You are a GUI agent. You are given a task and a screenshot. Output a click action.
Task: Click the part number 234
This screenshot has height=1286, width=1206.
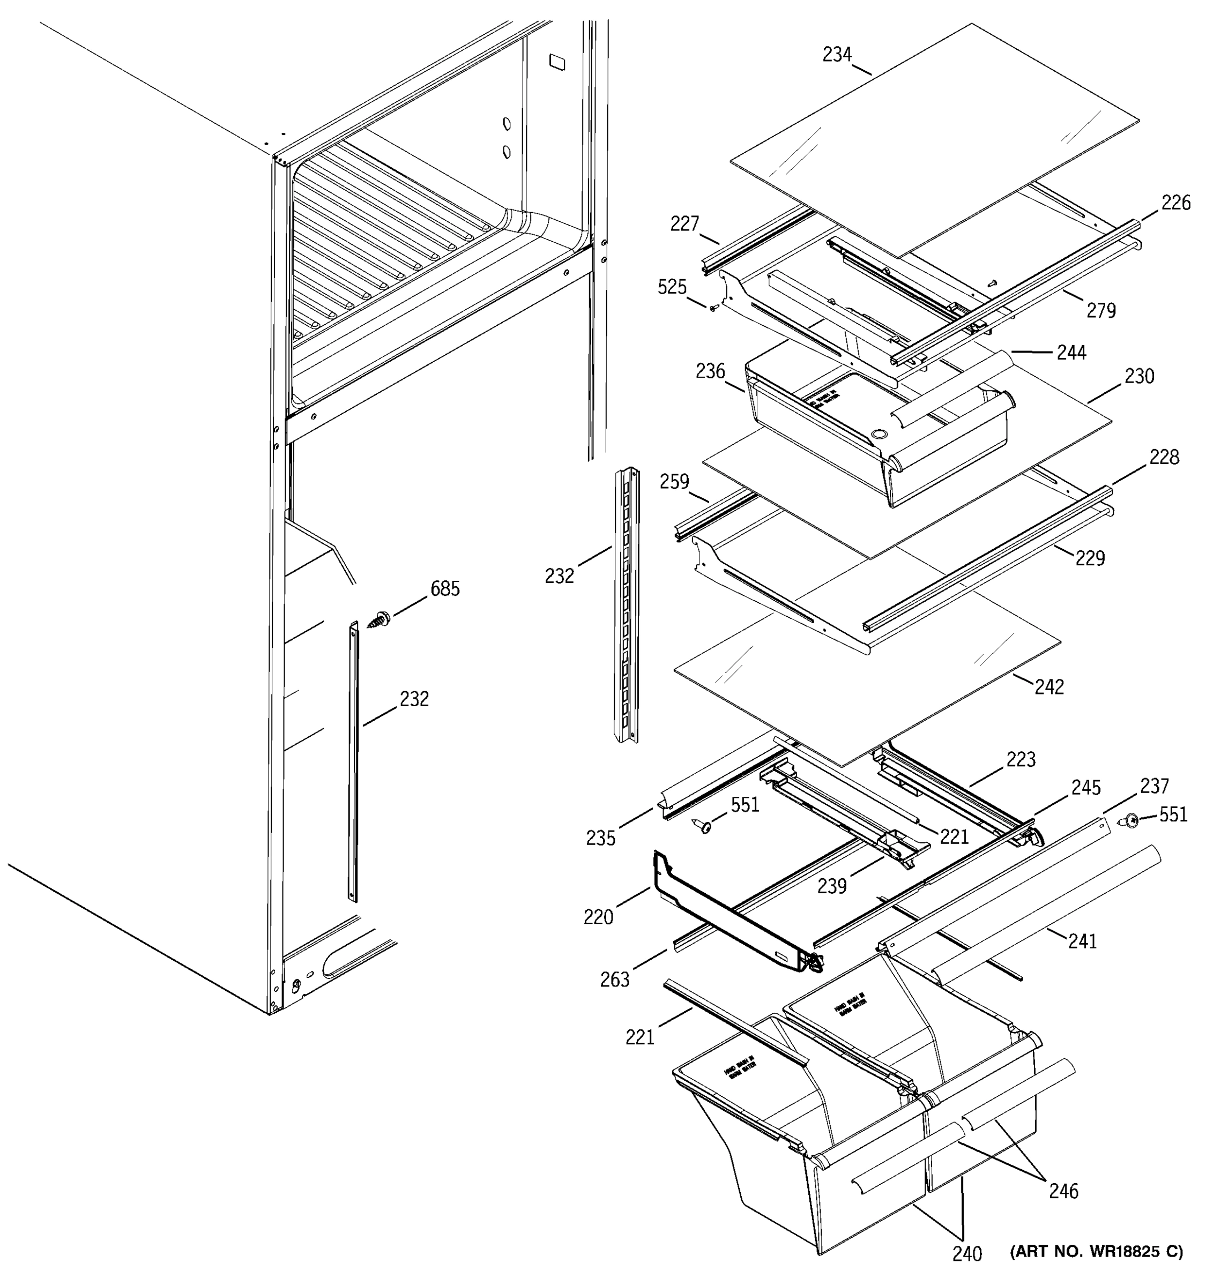(x=837, y=55)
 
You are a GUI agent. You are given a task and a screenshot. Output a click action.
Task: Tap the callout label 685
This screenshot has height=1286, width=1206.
(x=445, y=589)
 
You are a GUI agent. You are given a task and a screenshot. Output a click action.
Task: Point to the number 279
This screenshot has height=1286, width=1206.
(x=1100, y=311)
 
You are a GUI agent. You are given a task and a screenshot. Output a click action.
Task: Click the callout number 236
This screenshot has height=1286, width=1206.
(x=710, y=371)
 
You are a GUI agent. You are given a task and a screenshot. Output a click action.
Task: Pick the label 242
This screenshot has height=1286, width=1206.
(x=1049, y=687)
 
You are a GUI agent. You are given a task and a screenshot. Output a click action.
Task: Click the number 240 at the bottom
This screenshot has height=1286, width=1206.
(x=966, y=1271)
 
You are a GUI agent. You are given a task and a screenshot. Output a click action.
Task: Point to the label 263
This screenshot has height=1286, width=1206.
(x=615, y=980)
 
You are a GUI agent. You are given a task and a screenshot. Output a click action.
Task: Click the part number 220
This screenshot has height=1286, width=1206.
(x=598, y=917)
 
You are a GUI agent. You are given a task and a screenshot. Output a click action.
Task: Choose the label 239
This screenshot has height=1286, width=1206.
(x=831, y=886)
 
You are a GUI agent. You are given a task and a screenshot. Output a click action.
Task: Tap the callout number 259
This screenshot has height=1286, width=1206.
(x=674, y=482)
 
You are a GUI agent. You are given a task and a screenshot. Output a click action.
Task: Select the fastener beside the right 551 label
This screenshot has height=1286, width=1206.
(x=1129, y=821)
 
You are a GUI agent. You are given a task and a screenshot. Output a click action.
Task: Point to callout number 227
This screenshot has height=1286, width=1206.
(x=684, y=224)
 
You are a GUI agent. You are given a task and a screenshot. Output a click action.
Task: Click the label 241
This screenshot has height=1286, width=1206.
(x=1082, y=940)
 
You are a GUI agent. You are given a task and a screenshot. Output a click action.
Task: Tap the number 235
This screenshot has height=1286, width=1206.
(x=600, y=839)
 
